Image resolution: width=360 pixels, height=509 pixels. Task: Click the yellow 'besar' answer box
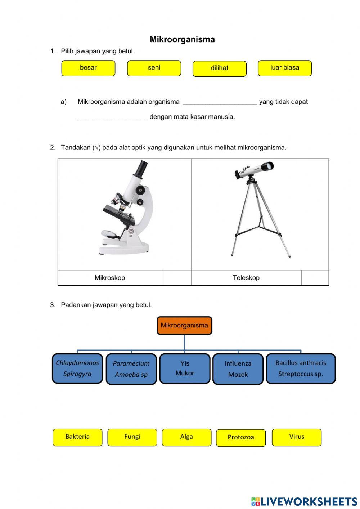[x=88, y=68]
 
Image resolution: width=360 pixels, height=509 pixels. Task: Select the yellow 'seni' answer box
[x=154, y=68]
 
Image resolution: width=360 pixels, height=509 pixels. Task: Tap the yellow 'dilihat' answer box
[x=219, y=68]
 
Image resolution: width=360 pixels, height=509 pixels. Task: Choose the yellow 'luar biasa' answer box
[x=285, y=68]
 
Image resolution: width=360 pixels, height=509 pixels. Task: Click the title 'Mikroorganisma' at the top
[x=182, y=39]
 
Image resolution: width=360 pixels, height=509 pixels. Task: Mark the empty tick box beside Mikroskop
[x=177, y=277]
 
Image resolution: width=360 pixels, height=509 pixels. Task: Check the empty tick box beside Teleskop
[x=315, y=277]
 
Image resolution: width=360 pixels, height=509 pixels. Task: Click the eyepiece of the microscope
[x=141, y=168]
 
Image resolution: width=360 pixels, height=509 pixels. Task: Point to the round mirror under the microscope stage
[x=107, y=234]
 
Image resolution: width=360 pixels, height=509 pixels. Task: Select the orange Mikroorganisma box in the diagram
[x=184, y=325]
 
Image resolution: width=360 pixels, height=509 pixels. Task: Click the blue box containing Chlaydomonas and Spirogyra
[x=77, y=369]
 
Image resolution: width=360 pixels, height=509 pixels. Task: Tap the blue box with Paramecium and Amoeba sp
[x=131, y=369]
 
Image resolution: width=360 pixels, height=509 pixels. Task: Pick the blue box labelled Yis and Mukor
[x=185, y=369]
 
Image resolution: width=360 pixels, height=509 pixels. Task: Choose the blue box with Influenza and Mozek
[x=238, y=369]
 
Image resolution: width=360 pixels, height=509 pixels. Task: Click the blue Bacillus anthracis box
[x=301, y=369]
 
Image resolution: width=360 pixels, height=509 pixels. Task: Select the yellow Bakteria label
[x=77, y=437]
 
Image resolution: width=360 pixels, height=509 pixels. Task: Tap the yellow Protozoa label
[x=241, y=438]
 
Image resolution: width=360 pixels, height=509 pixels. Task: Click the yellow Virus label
[x=297, y=437]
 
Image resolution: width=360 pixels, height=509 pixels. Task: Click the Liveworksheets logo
[x=304, y=501]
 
